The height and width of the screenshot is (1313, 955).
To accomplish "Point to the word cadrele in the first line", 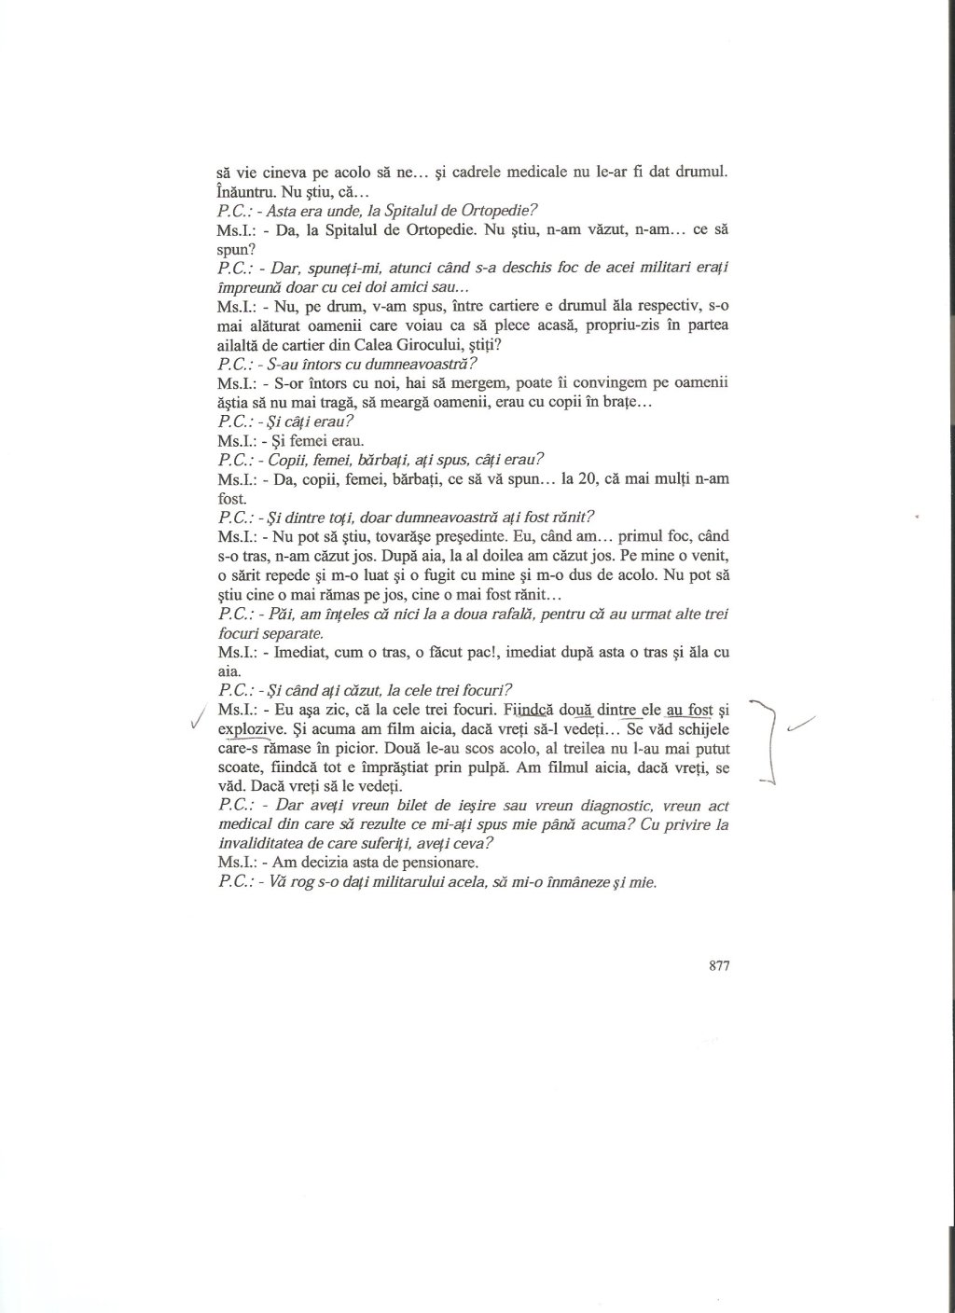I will (490, 172).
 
